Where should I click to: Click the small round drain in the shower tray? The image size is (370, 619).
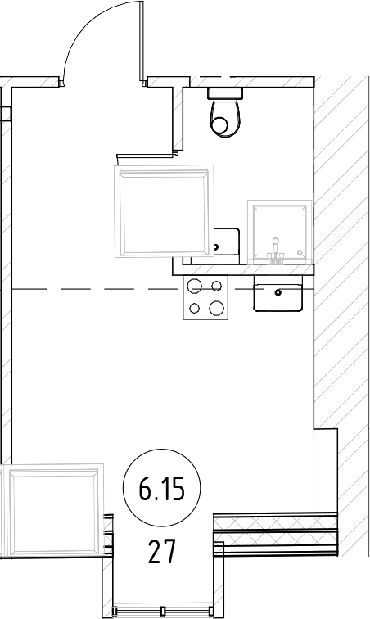(x=301, y=251)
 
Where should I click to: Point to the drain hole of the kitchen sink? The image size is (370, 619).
(x=279, y=291)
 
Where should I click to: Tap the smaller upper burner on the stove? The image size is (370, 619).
(x=216, y=286)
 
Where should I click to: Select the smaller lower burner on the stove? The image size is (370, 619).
(x=195, y=309)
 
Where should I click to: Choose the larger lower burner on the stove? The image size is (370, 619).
(x=215, y=309)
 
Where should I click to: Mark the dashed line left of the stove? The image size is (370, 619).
(x=90, y=289)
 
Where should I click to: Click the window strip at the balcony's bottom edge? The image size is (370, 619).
(x=164, y=609)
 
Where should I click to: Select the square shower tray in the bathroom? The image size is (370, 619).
(x=281, y=233)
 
